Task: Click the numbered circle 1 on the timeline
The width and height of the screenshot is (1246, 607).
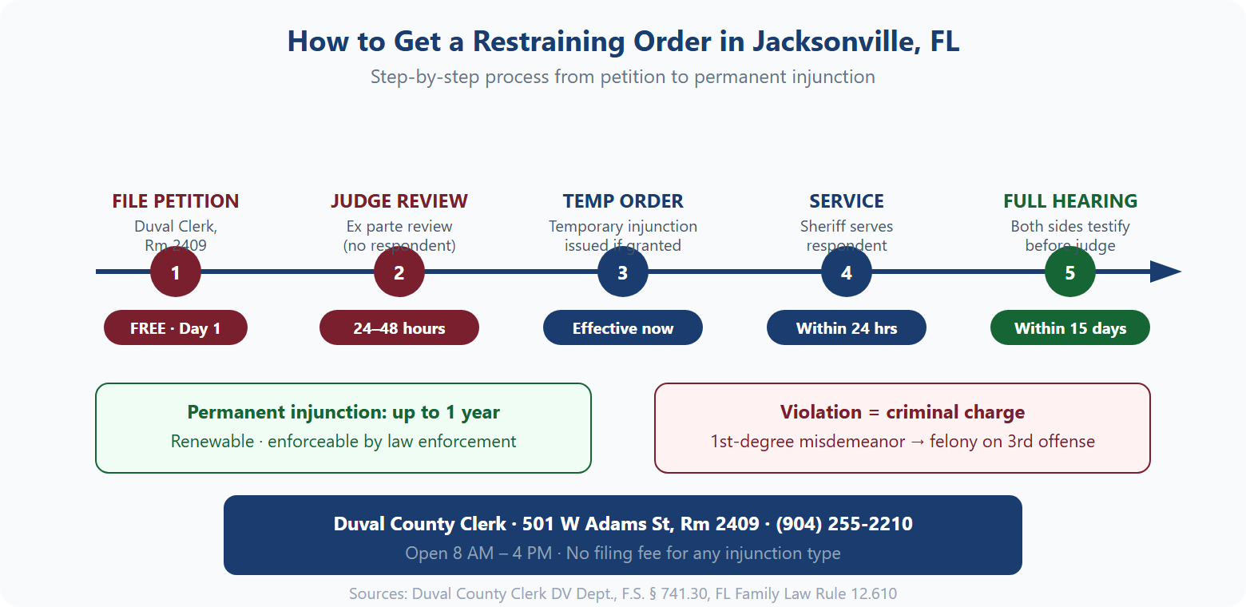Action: click(176, 272)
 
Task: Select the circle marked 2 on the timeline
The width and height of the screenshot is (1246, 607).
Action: click(399, 272)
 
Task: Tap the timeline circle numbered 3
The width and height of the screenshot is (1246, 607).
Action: click(623, 272)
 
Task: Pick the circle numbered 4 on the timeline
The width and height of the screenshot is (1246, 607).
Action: click(847, 272)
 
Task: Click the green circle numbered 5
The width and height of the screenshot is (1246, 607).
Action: click(1070, 272)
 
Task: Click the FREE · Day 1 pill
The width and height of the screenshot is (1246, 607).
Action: click(176, 328)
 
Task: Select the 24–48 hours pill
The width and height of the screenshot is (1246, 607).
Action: click(399, 328)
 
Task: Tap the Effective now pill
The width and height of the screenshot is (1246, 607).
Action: click(623, 328)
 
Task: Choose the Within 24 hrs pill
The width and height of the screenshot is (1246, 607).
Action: click(847, 328)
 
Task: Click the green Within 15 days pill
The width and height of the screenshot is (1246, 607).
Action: click(1070, 328)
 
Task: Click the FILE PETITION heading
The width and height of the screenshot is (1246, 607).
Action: click(176, 201)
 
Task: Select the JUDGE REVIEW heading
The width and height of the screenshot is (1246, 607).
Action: click(399, 201)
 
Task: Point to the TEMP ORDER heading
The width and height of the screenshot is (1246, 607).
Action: click(623, 201)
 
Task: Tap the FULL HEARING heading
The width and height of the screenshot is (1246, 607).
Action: click(1070, 201)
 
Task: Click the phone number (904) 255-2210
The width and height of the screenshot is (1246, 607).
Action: click(844, 524)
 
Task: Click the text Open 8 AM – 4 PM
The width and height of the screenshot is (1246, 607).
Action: click(478, 553)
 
